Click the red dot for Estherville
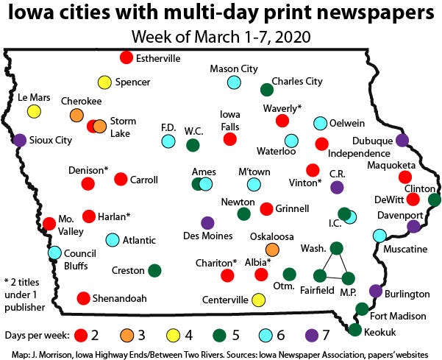click(126, 57)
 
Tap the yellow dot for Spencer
click(104, 82)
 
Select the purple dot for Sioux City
click(20, 140)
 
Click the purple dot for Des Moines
click(207, 222)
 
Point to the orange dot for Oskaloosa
click(271, 249)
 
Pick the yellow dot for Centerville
click(258, 300)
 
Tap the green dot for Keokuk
click(355, 330)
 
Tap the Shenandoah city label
click(120, 298)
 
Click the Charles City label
click(297, 81)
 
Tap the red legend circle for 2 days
click(80, 336)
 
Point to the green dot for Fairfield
click(319, 276)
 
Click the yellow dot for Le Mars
click(34, 112)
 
